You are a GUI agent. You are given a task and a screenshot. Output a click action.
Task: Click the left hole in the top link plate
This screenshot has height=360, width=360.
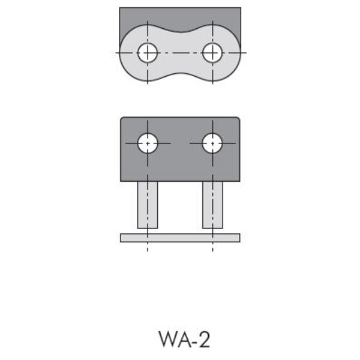pyautogui.click(x=148, y=53)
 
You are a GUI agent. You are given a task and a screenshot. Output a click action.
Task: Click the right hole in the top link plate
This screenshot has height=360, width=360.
pyautogui.click(x=212, y=53)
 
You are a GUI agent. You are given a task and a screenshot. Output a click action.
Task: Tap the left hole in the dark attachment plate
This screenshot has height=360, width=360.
pyautogui.click(x=148, y=143)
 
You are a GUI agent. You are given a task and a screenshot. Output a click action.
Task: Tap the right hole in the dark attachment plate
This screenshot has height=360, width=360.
pyautogui.click(x=212, y=143)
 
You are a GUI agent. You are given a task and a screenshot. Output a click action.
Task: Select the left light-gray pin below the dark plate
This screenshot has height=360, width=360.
pyautogui.click(x=148, y=205)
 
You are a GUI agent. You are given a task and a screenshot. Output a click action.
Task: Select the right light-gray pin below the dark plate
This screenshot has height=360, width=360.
pyautogui.click(x=212, y=205)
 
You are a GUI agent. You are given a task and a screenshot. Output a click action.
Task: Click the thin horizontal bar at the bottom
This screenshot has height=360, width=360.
pyautogui.click(x=180, y=238)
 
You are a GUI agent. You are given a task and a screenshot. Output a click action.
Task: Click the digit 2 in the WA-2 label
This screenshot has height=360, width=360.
pyautogui.click(x=204, y=339)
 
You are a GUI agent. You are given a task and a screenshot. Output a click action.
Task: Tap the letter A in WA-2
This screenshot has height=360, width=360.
pyautogui.click(x=185, y=339)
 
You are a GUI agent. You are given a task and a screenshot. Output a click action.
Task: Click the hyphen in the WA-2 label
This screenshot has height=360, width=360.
pyautogui.click(x=195, y=341)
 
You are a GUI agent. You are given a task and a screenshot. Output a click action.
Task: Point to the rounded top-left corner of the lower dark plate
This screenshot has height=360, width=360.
pyautogui.click(x=122, y=119)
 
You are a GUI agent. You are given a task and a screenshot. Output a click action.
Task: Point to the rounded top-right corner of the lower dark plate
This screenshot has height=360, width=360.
pyautogui.click(x=239, y=119)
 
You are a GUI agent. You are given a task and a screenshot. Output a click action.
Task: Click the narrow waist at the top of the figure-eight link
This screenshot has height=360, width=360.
pyautogui.click(x=180, y=32)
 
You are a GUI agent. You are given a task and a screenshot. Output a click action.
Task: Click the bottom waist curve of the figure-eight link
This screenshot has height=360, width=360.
pyautogui.click(x=180, y=74)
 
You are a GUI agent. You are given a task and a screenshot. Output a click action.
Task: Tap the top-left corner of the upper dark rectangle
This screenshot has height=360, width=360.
pyautogui.click(x=119, y=8)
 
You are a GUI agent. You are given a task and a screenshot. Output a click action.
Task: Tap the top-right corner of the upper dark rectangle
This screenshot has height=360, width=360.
pyautogui.click(x=241, y=8)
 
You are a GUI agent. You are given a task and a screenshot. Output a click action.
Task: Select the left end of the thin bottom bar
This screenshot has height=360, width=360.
pyautogui.click(x=121, y=238)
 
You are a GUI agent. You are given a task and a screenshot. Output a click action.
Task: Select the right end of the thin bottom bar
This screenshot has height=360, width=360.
pyautogui.click(x=240, y=238)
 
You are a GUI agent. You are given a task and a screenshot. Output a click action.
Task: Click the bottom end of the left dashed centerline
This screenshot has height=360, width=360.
pyautogui.click(x=148, y=251)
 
